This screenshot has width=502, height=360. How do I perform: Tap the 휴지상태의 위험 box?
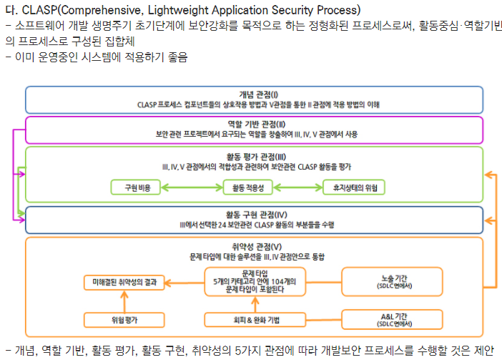(354, 188)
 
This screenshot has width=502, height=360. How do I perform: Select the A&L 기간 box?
(387, 319)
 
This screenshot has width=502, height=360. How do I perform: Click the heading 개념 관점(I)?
(258, 94)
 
